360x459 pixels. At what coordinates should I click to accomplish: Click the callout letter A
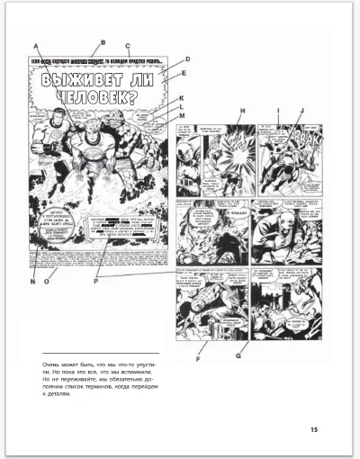click(x=35, y=45)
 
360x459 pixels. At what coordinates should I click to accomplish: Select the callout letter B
click(x=103, y=41)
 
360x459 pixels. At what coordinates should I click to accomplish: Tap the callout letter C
click(x=128, y=46)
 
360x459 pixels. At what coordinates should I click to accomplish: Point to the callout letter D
click(x=187, y=59)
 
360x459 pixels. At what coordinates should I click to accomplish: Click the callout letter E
click(x=183, y=74)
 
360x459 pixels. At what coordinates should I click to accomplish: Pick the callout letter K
click(x=181, y=98)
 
